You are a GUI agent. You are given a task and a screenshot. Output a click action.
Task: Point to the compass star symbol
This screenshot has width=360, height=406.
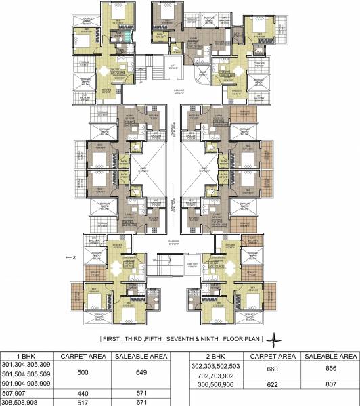272,339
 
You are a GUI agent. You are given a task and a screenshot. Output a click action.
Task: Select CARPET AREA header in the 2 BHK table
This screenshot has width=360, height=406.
269,355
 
